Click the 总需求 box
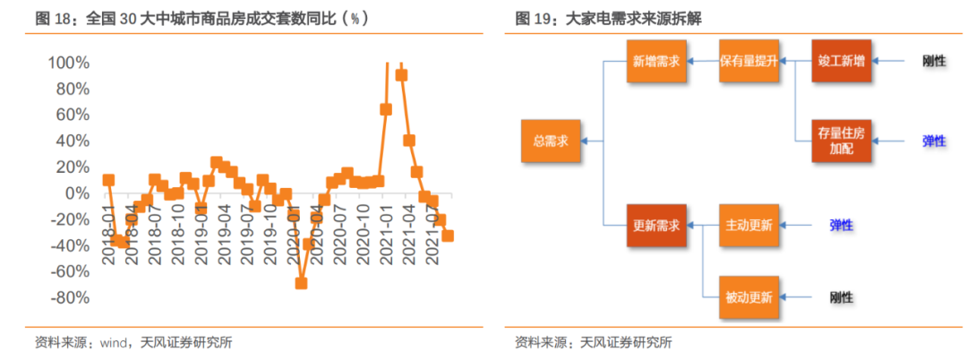pyautogui.click(x=551, y=141)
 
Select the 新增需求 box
pyautogui.click(x=655, y=62)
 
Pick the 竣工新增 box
pyautogui.click(x=841, y=62)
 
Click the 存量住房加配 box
pyautogui.click(x=841, y=141)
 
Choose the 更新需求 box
pyautogui.click(x=655, y=225)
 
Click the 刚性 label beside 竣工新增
pyautogui.click(x=935, y=62)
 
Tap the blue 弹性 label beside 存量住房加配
pyautogui.click(x=935, y=141)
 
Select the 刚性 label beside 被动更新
pyautogui.click(x=841, y=296)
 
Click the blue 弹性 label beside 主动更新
pyautogui.click(x=841, y=225)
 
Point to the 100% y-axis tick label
pyautogui.click(x=67, y=63)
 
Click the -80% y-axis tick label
pyautogui.click(x=69, y=297)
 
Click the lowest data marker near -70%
pyautogui.click(x=301, y=283)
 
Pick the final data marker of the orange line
pyautogui.click(x=448, y=236)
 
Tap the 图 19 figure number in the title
pyautogui.click(x=535, y=18)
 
